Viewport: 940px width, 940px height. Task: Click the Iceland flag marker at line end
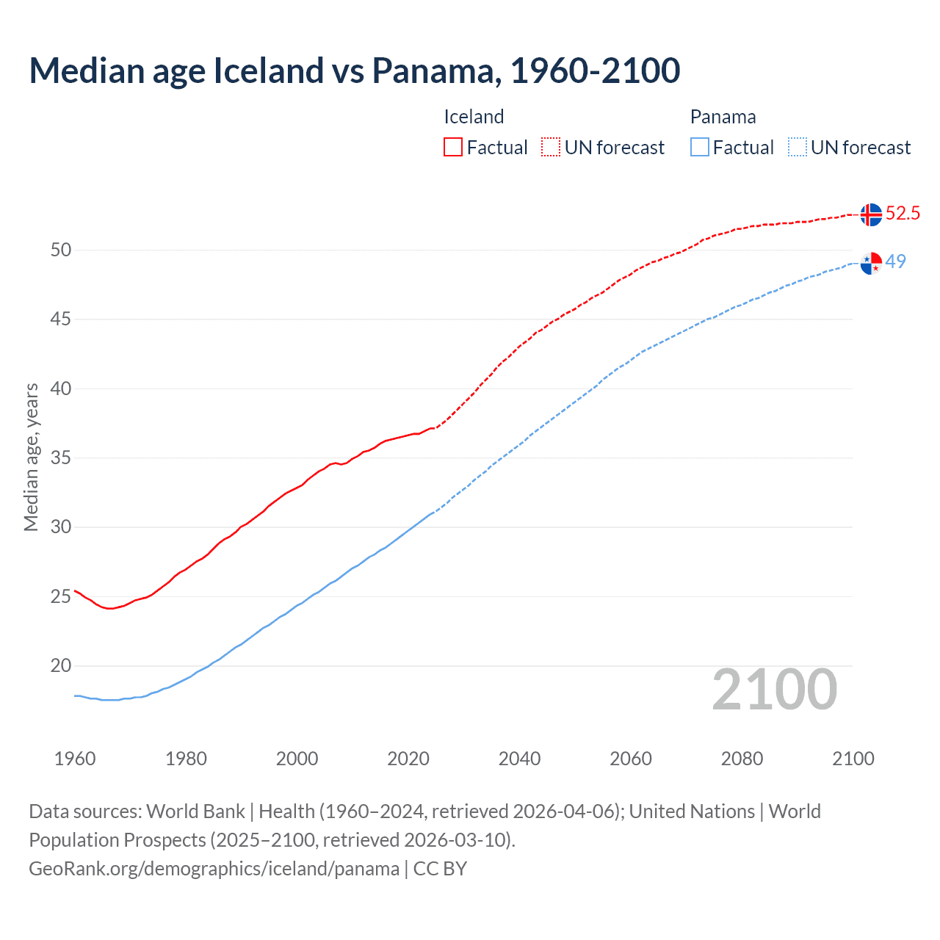(871, 214)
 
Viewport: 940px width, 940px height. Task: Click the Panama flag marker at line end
(871, 263)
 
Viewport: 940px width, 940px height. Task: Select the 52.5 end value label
(903, 214)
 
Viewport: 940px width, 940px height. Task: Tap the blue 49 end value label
(896, 261)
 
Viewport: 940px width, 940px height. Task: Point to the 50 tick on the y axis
(61, 250)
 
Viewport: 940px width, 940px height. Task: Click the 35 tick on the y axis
(61, 458)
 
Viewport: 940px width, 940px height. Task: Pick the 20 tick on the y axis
(61, 666)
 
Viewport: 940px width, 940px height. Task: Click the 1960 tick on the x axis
(75, 759)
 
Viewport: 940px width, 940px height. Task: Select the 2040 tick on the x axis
(519, 759)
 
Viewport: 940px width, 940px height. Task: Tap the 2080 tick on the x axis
(742, 759)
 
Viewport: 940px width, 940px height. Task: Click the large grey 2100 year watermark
(774, 690)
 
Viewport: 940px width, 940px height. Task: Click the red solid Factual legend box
(453, 147)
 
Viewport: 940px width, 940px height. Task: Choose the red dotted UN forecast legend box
(551, 147)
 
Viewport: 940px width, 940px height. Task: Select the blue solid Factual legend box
(700, 147)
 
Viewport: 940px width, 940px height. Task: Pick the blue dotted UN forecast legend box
(798, 147)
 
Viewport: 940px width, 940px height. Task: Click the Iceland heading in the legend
(474, 117)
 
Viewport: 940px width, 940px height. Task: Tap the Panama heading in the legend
(723, 117)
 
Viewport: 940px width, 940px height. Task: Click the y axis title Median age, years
(31, 457)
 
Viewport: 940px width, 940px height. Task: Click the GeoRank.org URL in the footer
(214, 869)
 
